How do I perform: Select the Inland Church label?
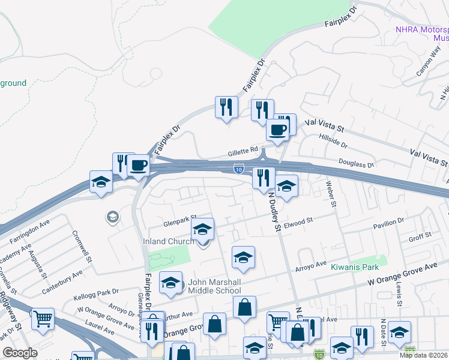168,241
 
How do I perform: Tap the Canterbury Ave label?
62,281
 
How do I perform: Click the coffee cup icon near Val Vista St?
277,130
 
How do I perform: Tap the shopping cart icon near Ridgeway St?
42,320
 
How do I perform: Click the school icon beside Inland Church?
203,230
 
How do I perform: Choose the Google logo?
20,353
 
